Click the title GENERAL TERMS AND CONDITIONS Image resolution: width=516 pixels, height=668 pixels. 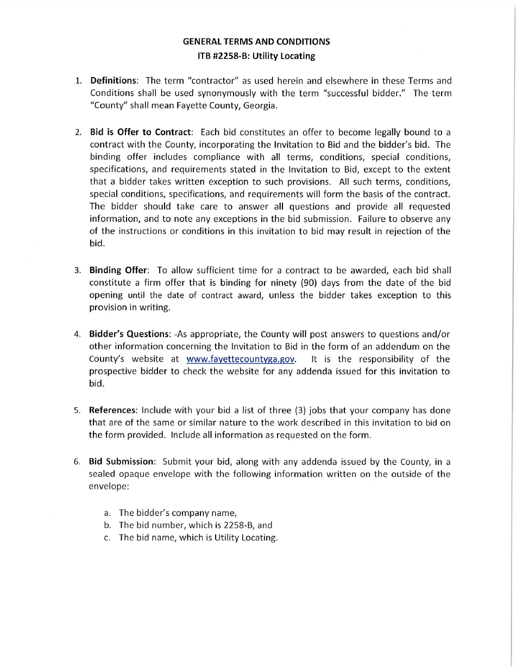[x=256, y=41]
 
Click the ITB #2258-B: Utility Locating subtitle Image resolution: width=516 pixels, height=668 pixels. [x=256, y=55]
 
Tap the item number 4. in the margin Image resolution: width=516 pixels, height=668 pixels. [x=77, y=334]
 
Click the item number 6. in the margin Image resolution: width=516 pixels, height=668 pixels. [x=77, y=462]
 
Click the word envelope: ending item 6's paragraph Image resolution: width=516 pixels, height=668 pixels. [x=109, y=487]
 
